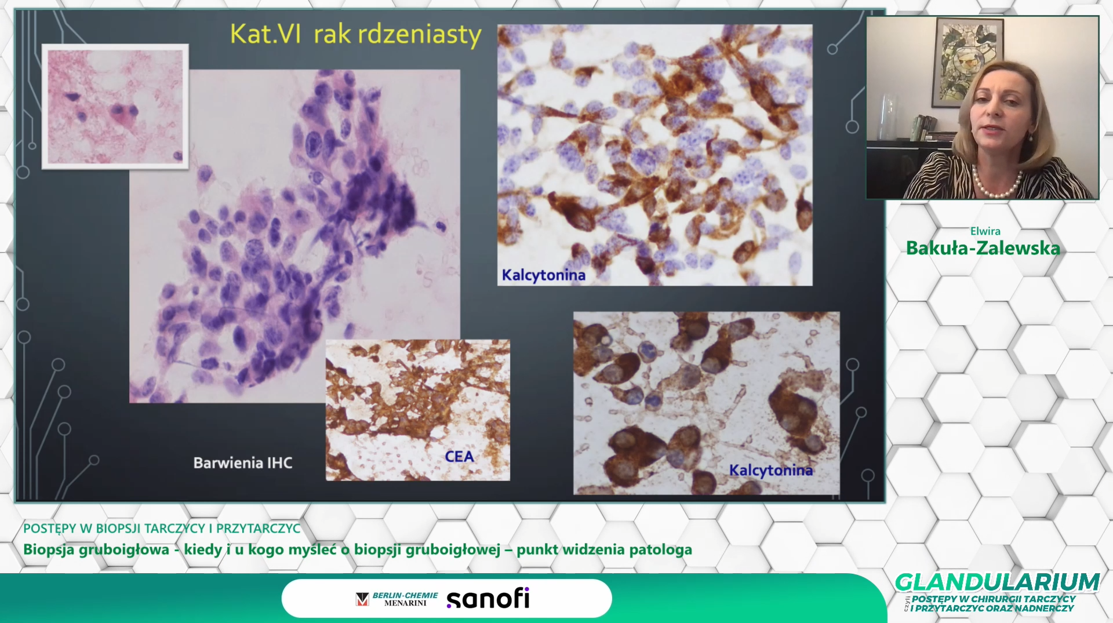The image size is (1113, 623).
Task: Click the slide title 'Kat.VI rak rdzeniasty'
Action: [x=355, y=34]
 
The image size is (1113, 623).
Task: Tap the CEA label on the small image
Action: [x=459, y=457]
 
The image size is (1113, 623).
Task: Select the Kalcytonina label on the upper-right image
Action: [x=543, y=275]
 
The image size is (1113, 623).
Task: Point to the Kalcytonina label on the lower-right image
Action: [x=770, y=470]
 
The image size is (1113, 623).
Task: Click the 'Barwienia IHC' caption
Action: [x=243, y=463]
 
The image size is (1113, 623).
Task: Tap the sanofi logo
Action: [x=488, y=599]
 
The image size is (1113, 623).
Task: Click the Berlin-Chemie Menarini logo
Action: [x=397, y=599]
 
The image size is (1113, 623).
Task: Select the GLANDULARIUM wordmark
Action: [x=998, y=582]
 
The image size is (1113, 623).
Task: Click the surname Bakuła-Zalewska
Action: [x=983, y=248]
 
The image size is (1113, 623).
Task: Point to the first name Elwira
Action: [x=985, y=231]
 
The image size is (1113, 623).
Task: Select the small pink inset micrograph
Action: [x=115, y=107]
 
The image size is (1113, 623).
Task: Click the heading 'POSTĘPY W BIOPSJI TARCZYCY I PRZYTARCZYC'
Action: [x=162, y=529]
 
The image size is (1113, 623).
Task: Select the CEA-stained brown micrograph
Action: [x=418, y=410]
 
